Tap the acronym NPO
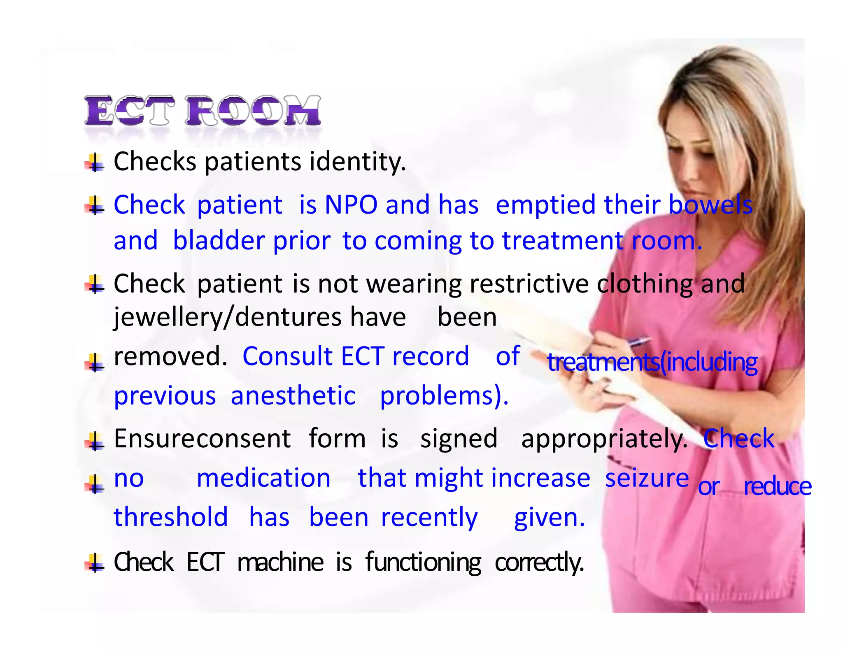[351, 205]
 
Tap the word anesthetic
[293, 396]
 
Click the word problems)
[444, 396]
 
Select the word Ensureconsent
[202, 439]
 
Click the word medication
[263, 479]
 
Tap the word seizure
[647, 478]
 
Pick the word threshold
[171, 517]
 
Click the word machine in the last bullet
[280, 562]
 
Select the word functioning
[423, 563]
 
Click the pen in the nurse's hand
[638, 342]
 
